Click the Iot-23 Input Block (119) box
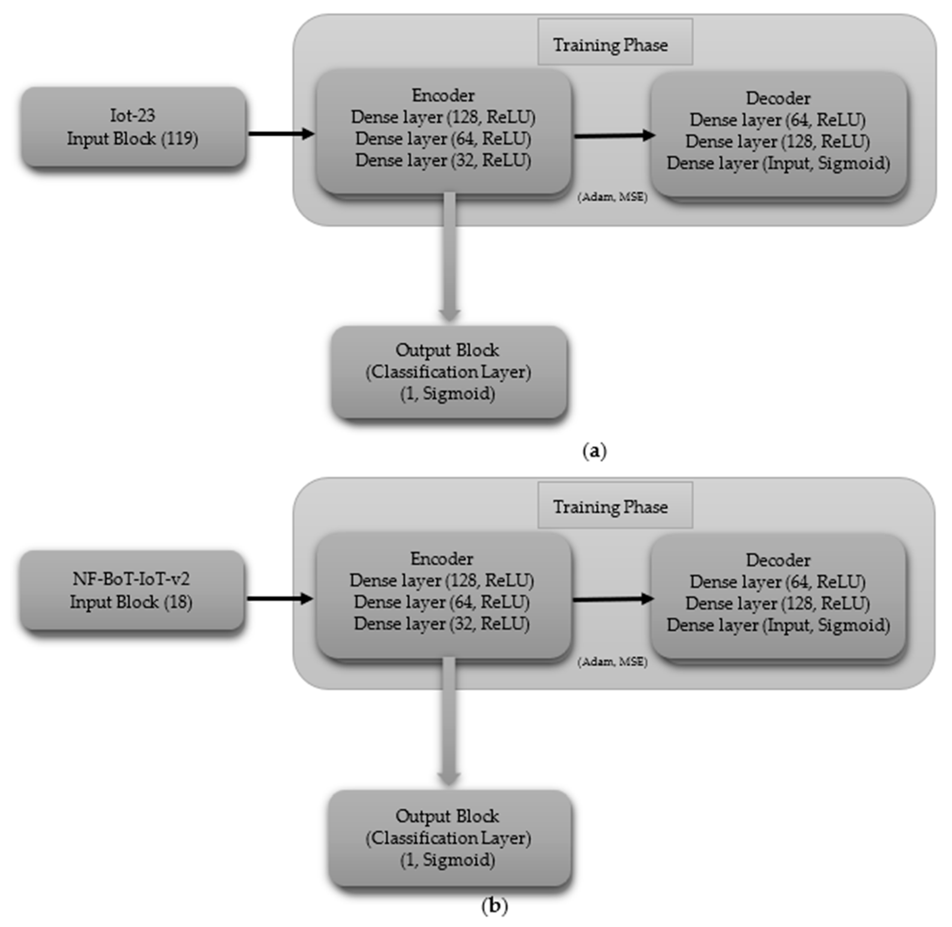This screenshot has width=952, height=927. (x=133, y=127)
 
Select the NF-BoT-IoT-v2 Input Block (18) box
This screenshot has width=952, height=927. (x=131, y=590)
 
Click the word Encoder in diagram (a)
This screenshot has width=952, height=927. (x=443, y=95)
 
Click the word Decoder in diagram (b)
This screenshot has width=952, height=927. (x=778, y=560)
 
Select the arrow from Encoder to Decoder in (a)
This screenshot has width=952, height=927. (x=614, y=136)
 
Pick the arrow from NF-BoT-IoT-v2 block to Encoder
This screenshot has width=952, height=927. (x=279, y=598)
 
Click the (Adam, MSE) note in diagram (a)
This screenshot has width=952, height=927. (x=612, y=197)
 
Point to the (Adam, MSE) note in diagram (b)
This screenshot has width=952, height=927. (x=612, y=662)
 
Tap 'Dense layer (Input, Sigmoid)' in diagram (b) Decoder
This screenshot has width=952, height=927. (x=778, y=625)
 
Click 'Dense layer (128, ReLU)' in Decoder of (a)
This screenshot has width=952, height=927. (x=778, y=142)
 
